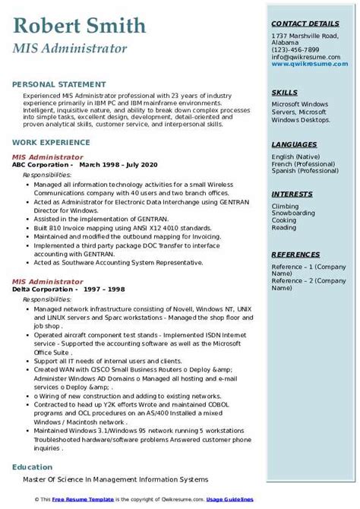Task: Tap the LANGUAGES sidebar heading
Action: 294,144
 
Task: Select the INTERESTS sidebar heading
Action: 292,194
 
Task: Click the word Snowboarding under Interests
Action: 295,213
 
